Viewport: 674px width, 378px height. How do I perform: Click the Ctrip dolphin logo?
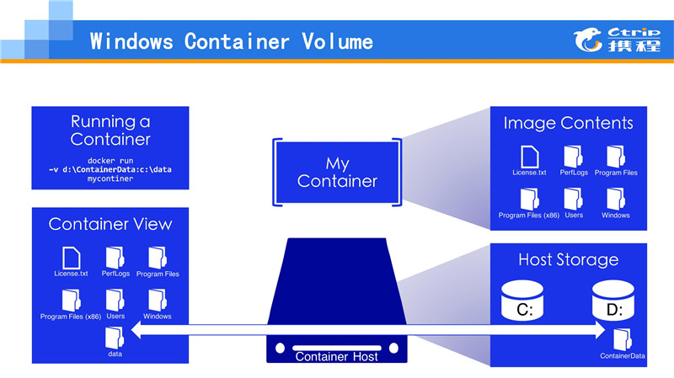590,36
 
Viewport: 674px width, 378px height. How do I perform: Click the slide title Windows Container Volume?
231,40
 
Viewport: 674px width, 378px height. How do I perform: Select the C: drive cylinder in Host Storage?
523,300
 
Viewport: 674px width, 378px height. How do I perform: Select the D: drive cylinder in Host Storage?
612,300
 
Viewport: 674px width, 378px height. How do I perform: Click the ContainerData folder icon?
623,339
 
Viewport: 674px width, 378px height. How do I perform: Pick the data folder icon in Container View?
115,338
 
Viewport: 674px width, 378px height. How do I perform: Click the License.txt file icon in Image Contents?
529,157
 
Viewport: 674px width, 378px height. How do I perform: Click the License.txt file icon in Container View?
72,257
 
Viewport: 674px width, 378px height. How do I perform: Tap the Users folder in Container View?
115,299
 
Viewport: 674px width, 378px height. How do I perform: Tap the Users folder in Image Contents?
573,199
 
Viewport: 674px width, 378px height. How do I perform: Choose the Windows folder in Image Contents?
616,199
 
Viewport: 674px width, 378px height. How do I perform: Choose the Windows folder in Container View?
158,299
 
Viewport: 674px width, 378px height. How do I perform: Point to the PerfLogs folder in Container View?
115,257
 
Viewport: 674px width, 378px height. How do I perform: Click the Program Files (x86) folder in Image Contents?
529,199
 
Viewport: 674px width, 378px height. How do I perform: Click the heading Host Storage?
568,259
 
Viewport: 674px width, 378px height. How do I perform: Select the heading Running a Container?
110,130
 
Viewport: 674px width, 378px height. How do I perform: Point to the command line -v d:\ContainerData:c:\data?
110,169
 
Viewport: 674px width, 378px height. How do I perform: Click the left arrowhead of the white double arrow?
132,334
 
